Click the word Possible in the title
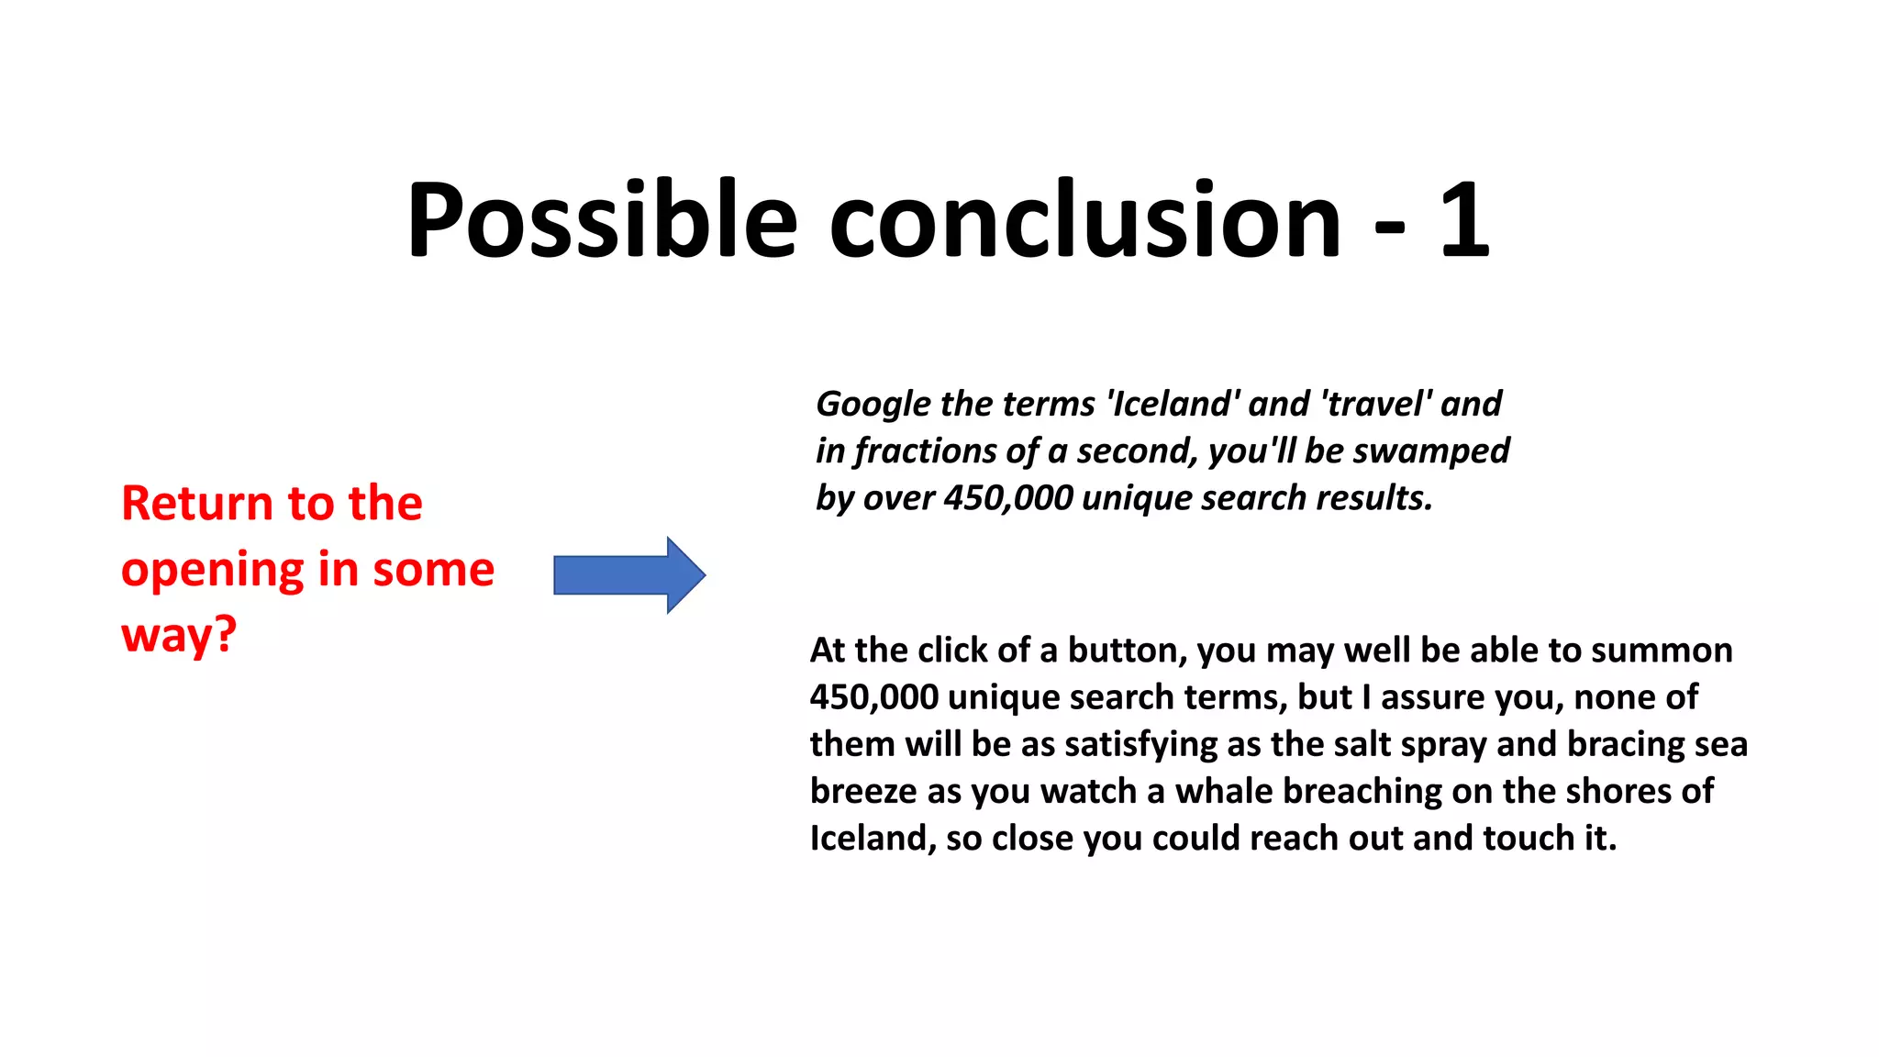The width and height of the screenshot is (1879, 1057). pyautogui.click(x=602, y=220)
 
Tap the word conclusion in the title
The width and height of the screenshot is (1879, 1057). pyautogui.click(x=1085, y=220)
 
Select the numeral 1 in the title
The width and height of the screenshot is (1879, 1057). pyautogui.click(x=1463, y=220)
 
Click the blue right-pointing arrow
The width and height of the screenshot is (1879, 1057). pyautogui.click(x=629, y=575)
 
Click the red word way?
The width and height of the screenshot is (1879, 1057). pyautogui.click(x=179, y=635)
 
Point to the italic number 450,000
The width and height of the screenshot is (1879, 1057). pyautogui.click(x=1007, y=498)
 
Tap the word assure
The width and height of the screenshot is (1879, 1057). pyautogui.click(x=1432, y=697)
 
